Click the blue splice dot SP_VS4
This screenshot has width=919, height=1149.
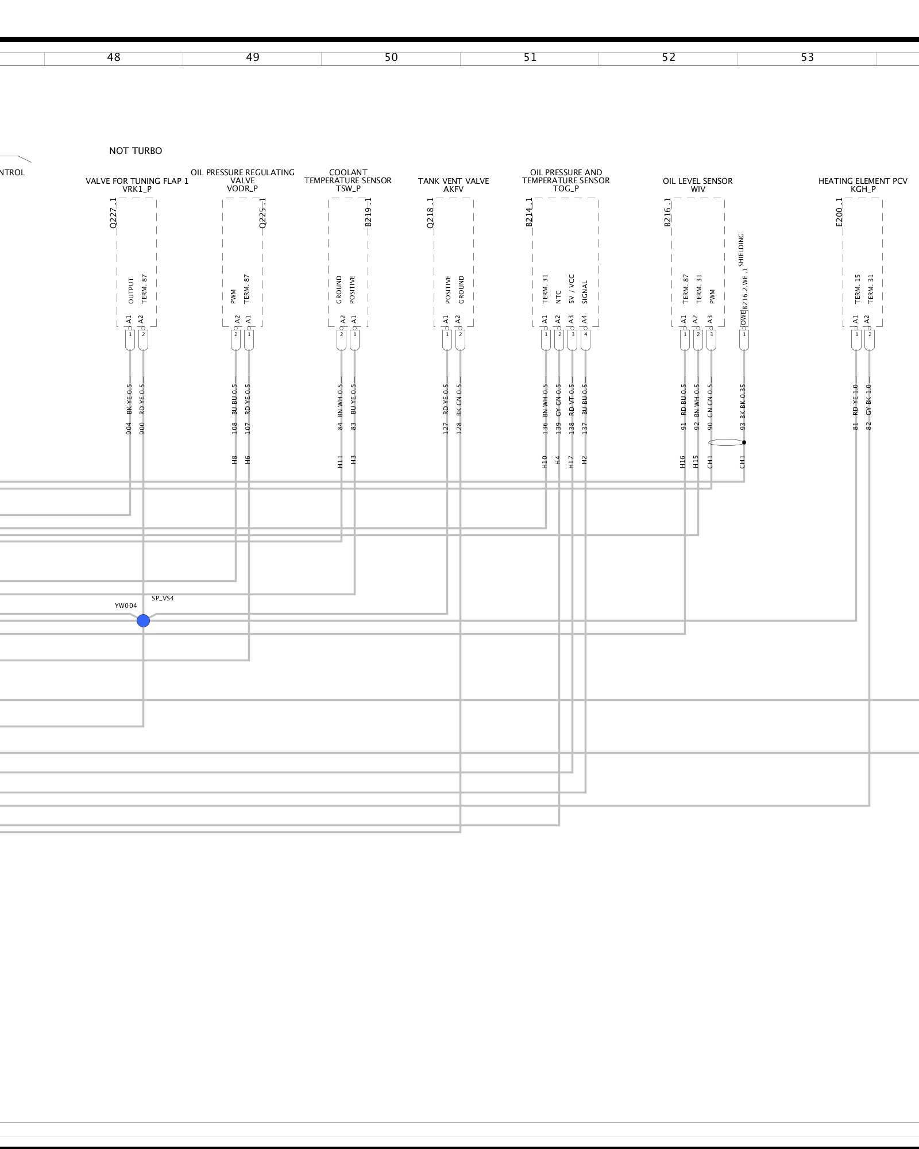pyautogui.click(x=143, y=620)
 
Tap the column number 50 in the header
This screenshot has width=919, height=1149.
pyautogui.click(x=391, y=57)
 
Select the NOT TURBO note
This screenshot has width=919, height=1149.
pyautogui.click(x=136, y=151)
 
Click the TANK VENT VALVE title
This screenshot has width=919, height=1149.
pyautogui.click(x=453, y=181)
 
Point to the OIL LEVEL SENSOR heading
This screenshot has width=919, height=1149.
pyautogui.click(x=697, y=181)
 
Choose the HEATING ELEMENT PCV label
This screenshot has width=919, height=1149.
pyautogui.click(x=863, y=181)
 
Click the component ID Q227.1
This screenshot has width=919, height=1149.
pyautogui.click(x=113, y=213)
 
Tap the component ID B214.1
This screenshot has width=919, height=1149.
pyautogui.click(x=530, y=213)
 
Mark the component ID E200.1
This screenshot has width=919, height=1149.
pyautogui.click(x=839, y=213)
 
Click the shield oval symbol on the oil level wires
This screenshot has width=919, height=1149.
pyautogui.click(x=726, y=442)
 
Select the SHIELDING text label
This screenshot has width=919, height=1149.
pyautogui.click(x=741, y=249)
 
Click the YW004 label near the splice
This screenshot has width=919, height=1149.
pyautogui.click(x=126, y=606)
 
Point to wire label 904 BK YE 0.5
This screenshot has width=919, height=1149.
pyautogui.click(x=129, y=408)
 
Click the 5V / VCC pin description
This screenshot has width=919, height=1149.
pyautogui.click(x=572, y=289)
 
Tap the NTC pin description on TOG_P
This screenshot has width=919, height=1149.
pyautogui.click(x=558, y=296)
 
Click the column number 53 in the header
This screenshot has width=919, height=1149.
pyautogui.click(x=807, y=57)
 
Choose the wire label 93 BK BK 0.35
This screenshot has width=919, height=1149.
pyautogui.click(x=743, y=408)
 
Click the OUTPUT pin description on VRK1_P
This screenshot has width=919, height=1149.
pyautogui.click(x=131, y=291)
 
